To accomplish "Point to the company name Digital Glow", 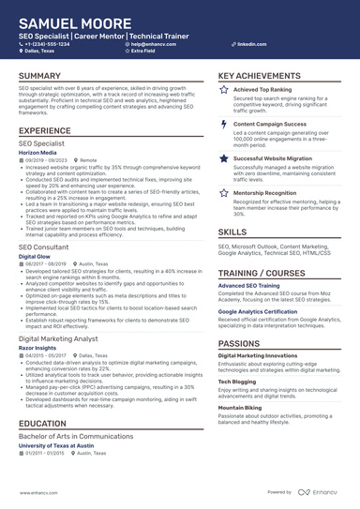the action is (35, 256).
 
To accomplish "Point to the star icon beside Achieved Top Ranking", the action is (223, 90).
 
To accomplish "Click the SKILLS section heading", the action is (232, 232).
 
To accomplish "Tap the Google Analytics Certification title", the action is (265, 310).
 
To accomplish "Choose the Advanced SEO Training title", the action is (249, 284).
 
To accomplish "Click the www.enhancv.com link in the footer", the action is (36, 491).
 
